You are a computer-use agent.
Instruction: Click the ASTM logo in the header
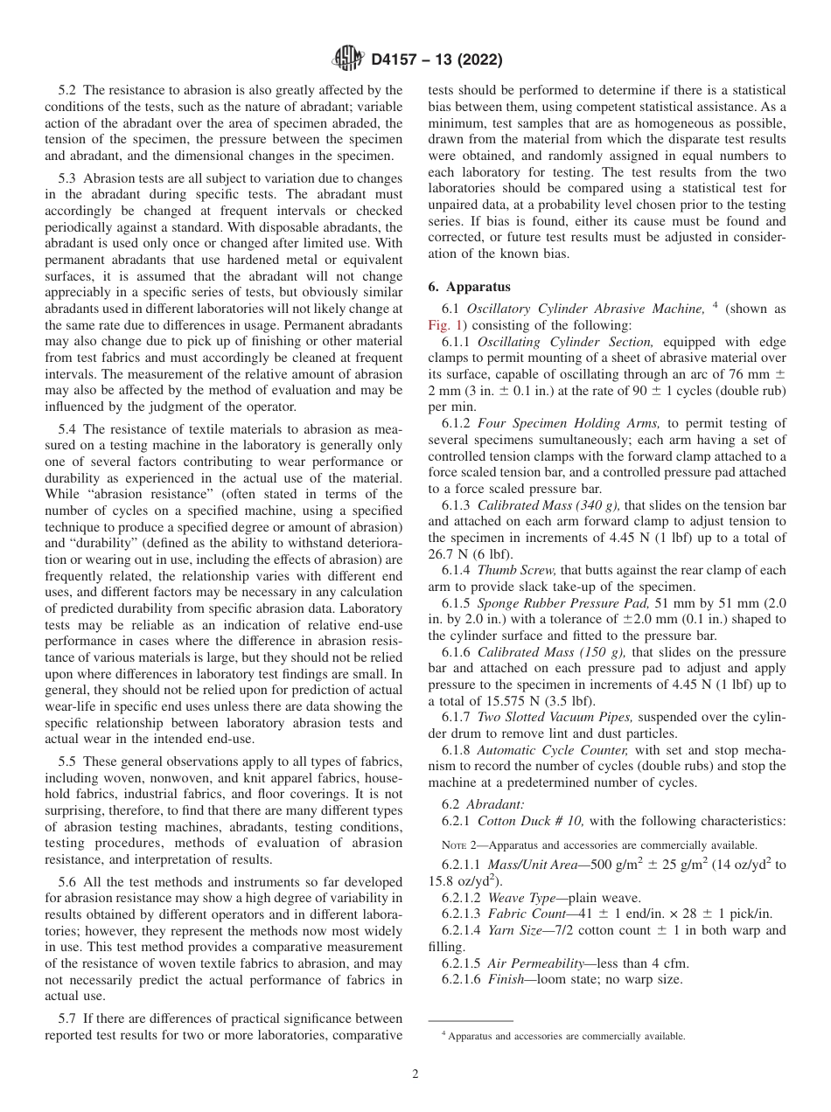click(x=347, y=60)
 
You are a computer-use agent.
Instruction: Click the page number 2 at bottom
click(x=415, y=1074)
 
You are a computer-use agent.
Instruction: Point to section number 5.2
click(x=68, y=90)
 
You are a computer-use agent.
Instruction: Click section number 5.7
click(x=68, y=1018)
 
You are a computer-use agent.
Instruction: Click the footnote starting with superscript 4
click(x=562, y=1036)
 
